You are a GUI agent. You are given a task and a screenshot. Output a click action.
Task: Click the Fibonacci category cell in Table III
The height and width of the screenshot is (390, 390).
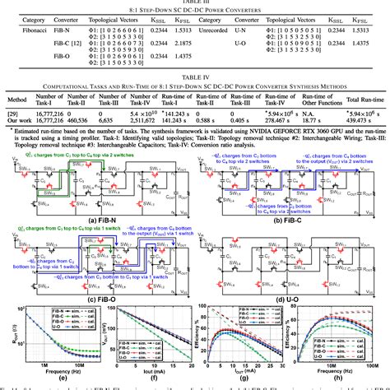pyautogui.click(x=22, y=28)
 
